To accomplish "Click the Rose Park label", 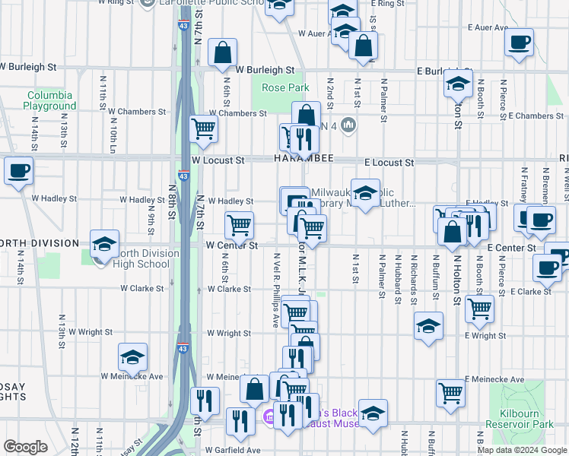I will [x=285, y=88].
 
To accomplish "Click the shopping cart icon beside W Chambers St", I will [x=203, y=128].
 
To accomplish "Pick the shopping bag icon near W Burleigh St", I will [x=222, y=53].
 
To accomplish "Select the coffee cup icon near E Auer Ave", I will [x=520, y=42].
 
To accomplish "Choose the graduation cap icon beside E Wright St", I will [x=428, y=326].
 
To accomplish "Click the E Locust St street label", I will [x=389, y=163].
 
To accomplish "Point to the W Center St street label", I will [x=232, y=245].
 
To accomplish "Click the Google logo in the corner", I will [x=25, y=447].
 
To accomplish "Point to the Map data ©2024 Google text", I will [x=522, y=450].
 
